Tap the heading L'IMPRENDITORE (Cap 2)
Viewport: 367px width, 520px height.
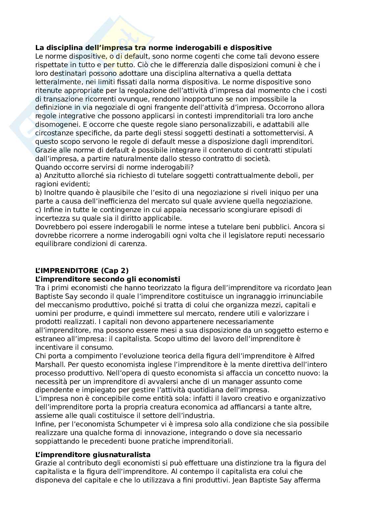[82, 270]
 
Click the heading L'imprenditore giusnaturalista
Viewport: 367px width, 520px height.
[93, 454]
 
